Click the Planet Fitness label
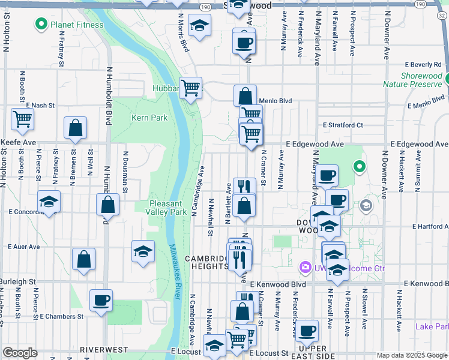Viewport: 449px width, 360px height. [77, 25]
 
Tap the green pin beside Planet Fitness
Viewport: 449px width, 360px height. [42, 25]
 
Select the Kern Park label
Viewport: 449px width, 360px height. [149, 118]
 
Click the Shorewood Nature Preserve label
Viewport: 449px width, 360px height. [412, 80]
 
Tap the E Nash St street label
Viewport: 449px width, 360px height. [40, 105]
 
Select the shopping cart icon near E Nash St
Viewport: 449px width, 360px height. [23, 119]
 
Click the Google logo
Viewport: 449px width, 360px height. [20, 353]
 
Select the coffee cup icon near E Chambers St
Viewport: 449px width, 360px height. [101, 300]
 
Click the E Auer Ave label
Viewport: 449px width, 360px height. [24, 247]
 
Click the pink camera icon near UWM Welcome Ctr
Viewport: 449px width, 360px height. [306, 266]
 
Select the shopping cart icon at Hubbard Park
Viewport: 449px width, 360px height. [191, 88]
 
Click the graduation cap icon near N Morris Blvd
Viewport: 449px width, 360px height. [199, 26]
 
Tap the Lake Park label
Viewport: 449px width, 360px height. [432, 326]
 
